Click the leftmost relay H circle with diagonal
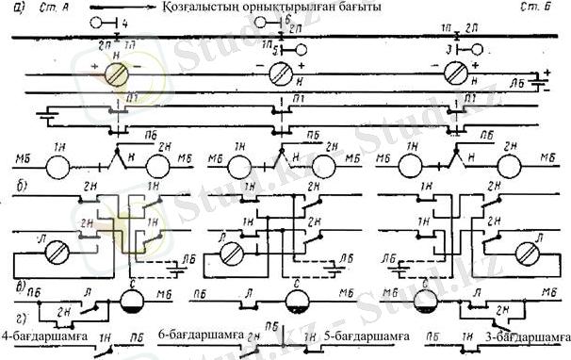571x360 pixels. [x=116, y=74]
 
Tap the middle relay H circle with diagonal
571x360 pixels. [x=284, y=74]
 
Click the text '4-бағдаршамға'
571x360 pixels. [x=44, y=335]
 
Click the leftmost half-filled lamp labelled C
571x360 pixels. [x=135, y=302]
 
